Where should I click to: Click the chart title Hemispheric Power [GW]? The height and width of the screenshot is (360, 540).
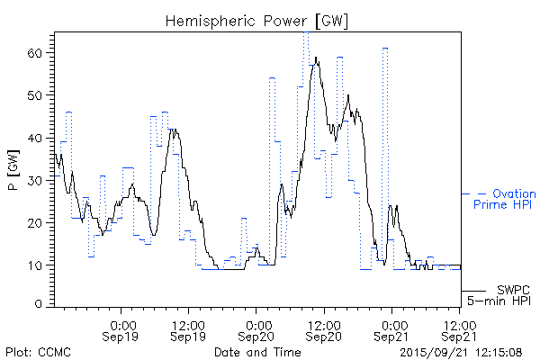pyautogui.click(x=256, y=19)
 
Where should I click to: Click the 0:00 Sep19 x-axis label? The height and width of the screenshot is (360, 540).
pyautogui.click(x=122, y=329)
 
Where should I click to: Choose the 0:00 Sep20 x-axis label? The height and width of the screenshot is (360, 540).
pyautogui.click(x=257, y=329)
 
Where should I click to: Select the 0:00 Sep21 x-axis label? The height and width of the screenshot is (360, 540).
pyautogui.click(x=392, y=329)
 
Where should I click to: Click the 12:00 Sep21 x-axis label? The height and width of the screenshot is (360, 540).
pyautogui.click(x=460, y=329)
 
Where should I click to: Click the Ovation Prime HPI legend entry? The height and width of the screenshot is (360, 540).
pyautogui.click(x=504, y=199)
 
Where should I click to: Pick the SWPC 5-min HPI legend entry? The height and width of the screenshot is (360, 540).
pyautogui.click(x=505, y=294)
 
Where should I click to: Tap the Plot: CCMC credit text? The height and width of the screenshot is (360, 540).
pyautogui.click(x=38, y=351)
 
